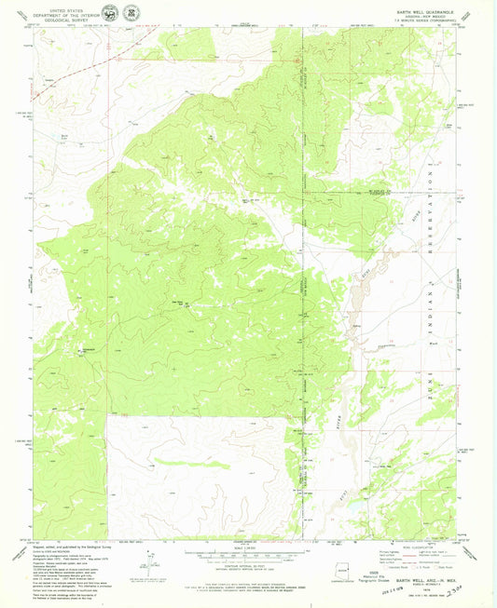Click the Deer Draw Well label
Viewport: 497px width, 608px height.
pos(175,301)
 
